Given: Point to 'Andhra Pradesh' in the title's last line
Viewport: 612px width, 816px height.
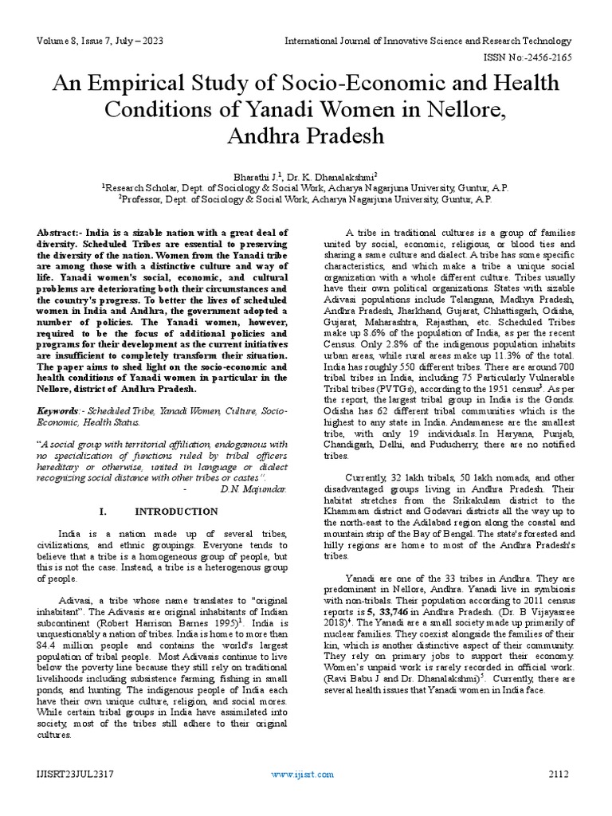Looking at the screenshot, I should click(305, 135).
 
